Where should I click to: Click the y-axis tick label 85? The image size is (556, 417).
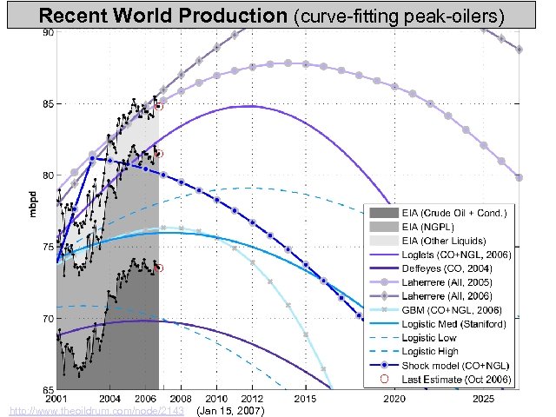pyautogui.click(x=49, y=104)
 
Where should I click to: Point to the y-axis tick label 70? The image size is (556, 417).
pyautogui.click(x=49, y=318)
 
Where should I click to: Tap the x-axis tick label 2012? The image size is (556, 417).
pyautogui.click(x=252, y=398)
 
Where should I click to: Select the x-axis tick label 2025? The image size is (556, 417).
pyautogui.click(x=483, y=398)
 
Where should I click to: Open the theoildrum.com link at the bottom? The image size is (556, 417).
pyautogui.click(x=95, y=409)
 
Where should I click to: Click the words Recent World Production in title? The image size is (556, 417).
pyautogui.click(x=164, y=16)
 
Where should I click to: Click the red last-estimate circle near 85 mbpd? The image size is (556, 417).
pyautogui.click(x=159, y=105)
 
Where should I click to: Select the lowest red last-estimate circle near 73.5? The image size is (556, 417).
pyautogui.click(x=159, y=268)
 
